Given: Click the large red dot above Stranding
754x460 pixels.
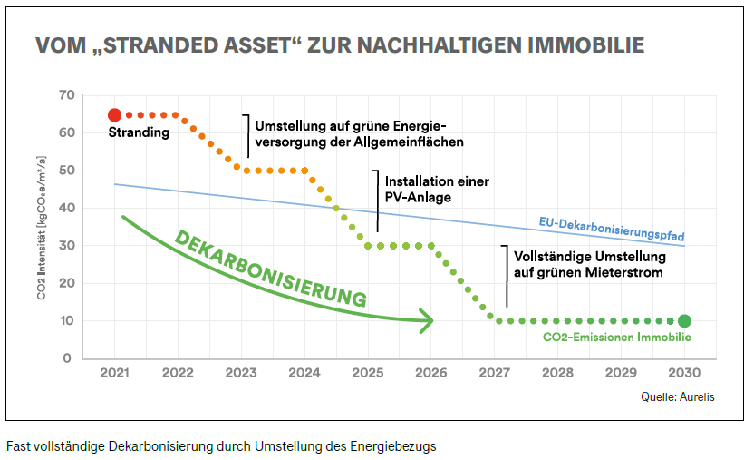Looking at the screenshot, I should pyautogui.click(x=114, y=115).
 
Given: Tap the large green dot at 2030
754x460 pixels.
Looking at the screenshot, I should pyautogui.click(x=684, y=320).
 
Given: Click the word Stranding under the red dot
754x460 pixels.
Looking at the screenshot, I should pyautogui.click(x=139, y=133).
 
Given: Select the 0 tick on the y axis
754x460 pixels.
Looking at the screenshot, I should pyautogui.click(x=67, y=358).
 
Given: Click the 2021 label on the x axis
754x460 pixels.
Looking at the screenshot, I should pyautogui.click(x=114, y=373).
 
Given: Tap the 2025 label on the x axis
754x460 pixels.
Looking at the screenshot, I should pyautogui.click(x=368, y=373).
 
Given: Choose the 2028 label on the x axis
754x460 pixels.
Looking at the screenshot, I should pyautogui.click(x=558, y=373).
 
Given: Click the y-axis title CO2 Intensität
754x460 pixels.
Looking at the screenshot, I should pyautogui.click(x=42, y=227).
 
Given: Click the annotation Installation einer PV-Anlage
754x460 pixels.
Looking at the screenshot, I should pyautogui.click(x=437, y=189).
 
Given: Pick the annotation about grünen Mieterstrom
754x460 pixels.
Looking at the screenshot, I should pyautogui.click(x=583, y=263).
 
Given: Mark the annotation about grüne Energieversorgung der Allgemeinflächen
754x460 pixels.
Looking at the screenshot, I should pyautogui.click(x=360, y=133).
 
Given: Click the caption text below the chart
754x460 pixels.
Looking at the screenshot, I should pyautogui.click(x=221, y=446).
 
